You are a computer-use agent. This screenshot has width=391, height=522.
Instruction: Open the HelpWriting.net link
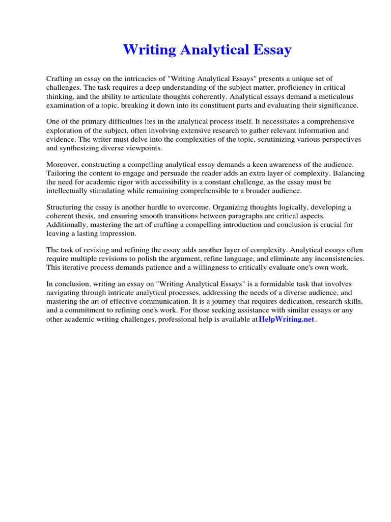[287, 320]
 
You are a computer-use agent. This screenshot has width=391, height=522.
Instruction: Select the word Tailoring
[62, 173]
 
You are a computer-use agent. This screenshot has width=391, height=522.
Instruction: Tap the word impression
[118, 234]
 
